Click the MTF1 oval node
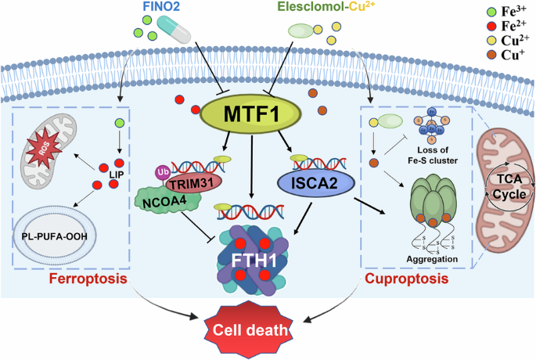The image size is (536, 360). [250, 113]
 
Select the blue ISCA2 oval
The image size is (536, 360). [315, 183]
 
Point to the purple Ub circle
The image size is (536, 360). [163, 172]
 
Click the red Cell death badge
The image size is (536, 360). [249, 329]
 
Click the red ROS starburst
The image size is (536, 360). [44, 149]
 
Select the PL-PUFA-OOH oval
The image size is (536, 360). [54, 236]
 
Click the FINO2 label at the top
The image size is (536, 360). [160, 6]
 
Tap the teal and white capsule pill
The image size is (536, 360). [174, 30]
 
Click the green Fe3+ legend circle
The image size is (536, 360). [491, 13]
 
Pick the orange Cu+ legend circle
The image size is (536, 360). [491, 55]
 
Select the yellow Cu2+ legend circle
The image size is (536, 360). [491, 41]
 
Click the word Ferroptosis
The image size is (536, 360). [88, 279]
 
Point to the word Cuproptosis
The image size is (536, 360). [406, 279]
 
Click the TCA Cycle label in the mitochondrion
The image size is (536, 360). [509, 186]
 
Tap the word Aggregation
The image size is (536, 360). [432, 259]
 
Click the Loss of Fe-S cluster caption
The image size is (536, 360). [433, 155]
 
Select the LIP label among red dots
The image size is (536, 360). [117, 175]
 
